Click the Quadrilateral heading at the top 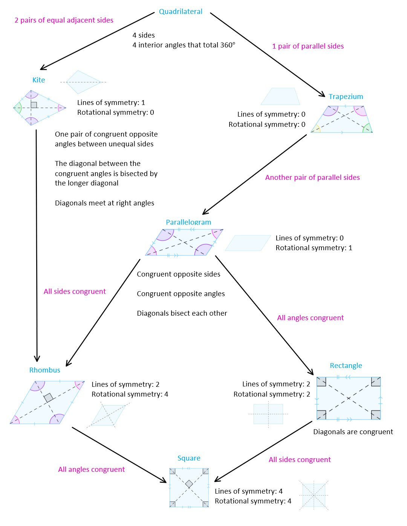pyautogui.click(x=181, y=12)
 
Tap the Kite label pyautogui.click(x=38, y=80)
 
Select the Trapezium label pyautogui.click(x=346, y=97)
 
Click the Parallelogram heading pyautogui.click(x=188, y=222)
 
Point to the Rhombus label pyautogui.click(x=44, y=370)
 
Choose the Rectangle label pyautogui.click(x=346, y=365)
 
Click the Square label pyautogui.click(x=189, y=458)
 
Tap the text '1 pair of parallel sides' pyautogui.click(x=308, y=46)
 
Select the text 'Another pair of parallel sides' pyautogui.click(x=312, y=177)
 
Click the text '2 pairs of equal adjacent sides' pyautogui.click(x=64, y=20)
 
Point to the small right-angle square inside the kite pyautogui.click(x=34, y=105)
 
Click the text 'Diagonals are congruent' pyautogui.click(x=353, y=432)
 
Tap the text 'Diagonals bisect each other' pyautogui.click(x=182, y=313)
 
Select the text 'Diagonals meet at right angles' pyautogui.click(x=104, y=203)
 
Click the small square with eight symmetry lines pyautogui.click(x=314, y=495)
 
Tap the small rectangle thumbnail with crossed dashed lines pyautogui.click(x=268, y=414)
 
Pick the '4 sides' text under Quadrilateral pyautogui.click(x=144, y=35)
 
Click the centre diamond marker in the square pyautogui.click(x=189, y=484)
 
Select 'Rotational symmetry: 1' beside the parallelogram pyautogui.click(x=314, y=248)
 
